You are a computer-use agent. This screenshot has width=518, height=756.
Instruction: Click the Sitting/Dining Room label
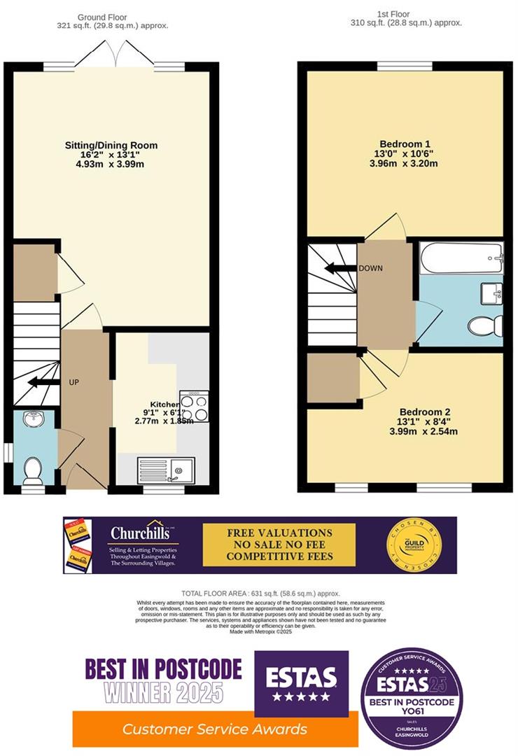111,146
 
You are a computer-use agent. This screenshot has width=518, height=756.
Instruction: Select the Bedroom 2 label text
424,412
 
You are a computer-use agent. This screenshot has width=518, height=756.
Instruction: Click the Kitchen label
167,405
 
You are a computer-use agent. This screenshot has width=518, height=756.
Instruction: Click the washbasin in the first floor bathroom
491,293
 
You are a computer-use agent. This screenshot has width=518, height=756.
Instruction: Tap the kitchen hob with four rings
195,406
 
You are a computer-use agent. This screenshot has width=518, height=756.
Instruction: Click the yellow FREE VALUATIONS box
279,545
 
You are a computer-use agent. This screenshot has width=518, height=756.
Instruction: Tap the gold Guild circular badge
414,545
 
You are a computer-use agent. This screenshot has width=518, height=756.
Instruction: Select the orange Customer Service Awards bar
215,729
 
